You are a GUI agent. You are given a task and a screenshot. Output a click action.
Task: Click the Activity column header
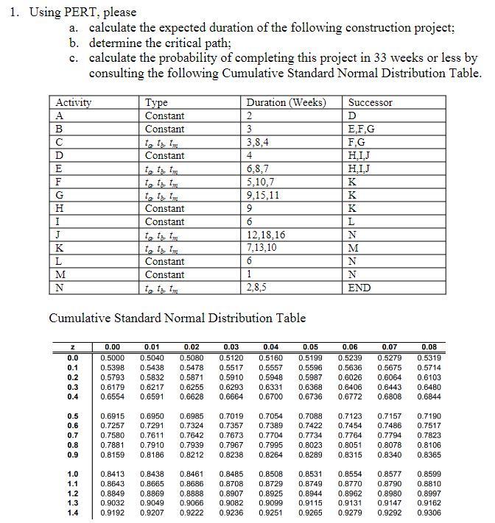[x=74, y=102]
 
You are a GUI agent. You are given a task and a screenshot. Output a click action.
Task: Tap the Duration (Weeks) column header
[x=285, y=102]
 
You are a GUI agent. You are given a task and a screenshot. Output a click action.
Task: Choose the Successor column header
[x=370, y=102]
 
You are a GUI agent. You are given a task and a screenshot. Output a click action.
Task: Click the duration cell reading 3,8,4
[x=258, y=142]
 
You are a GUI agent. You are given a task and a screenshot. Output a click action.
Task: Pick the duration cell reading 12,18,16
[x=265, y=235]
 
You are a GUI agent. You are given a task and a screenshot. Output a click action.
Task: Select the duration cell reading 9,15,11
[x=263, y=195]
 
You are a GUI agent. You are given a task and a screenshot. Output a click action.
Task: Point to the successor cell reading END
[x=359, y=288]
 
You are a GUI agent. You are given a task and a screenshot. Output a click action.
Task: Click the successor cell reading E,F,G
[x=361, y=129]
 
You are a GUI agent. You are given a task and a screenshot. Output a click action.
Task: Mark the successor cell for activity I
[x=351, y=221]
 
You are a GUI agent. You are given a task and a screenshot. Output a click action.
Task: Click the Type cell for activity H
[x=164, y=208]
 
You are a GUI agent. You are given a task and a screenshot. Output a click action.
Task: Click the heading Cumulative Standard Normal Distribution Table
[x=177, y=318]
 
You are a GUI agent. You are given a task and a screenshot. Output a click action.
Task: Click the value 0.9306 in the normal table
[x=429, y=512]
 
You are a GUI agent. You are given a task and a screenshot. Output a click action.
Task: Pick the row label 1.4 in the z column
[x=73, y=512]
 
